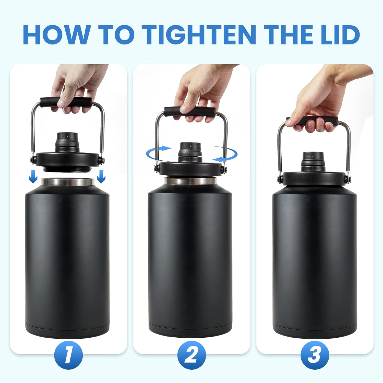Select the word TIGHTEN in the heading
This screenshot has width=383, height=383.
coord(199,34)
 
